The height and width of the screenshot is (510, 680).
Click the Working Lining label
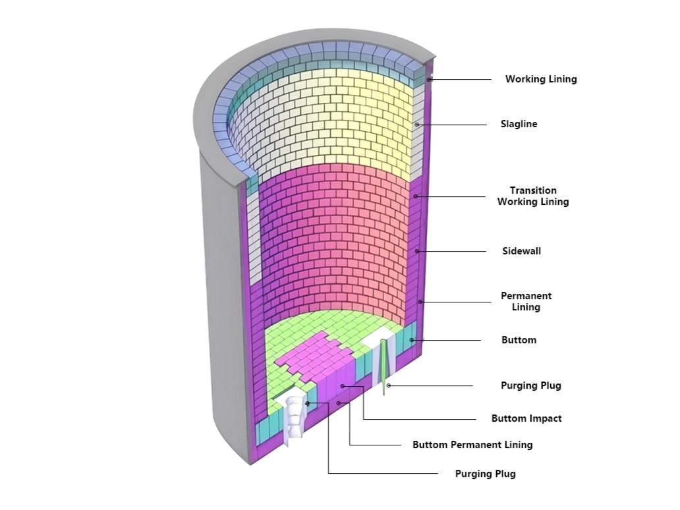pos(541,79)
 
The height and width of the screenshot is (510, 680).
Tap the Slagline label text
pos(519,124)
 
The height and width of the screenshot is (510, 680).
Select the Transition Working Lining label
pos(533,196)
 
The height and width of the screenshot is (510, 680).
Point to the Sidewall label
pos(521,251)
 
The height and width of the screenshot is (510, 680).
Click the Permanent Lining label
pos(526,301)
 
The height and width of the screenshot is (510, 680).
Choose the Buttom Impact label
pos(526,418)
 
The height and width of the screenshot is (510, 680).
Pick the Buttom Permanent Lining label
pos(472,445)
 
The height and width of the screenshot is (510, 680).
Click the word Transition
pos(533,190)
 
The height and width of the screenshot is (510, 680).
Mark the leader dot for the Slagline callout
pos(416,125)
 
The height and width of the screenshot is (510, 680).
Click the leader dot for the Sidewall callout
pos(416,251)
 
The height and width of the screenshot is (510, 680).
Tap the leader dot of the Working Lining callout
pos(429,79)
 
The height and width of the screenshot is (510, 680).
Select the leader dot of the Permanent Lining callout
pos(420,302)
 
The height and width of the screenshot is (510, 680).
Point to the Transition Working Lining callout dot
pos(416,196)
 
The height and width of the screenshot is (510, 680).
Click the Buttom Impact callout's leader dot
pos(343,385)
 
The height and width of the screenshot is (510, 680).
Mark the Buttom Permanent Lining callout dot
pos(339,403)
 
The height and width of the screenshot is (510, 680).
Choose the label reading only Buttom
pos(519,340)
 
